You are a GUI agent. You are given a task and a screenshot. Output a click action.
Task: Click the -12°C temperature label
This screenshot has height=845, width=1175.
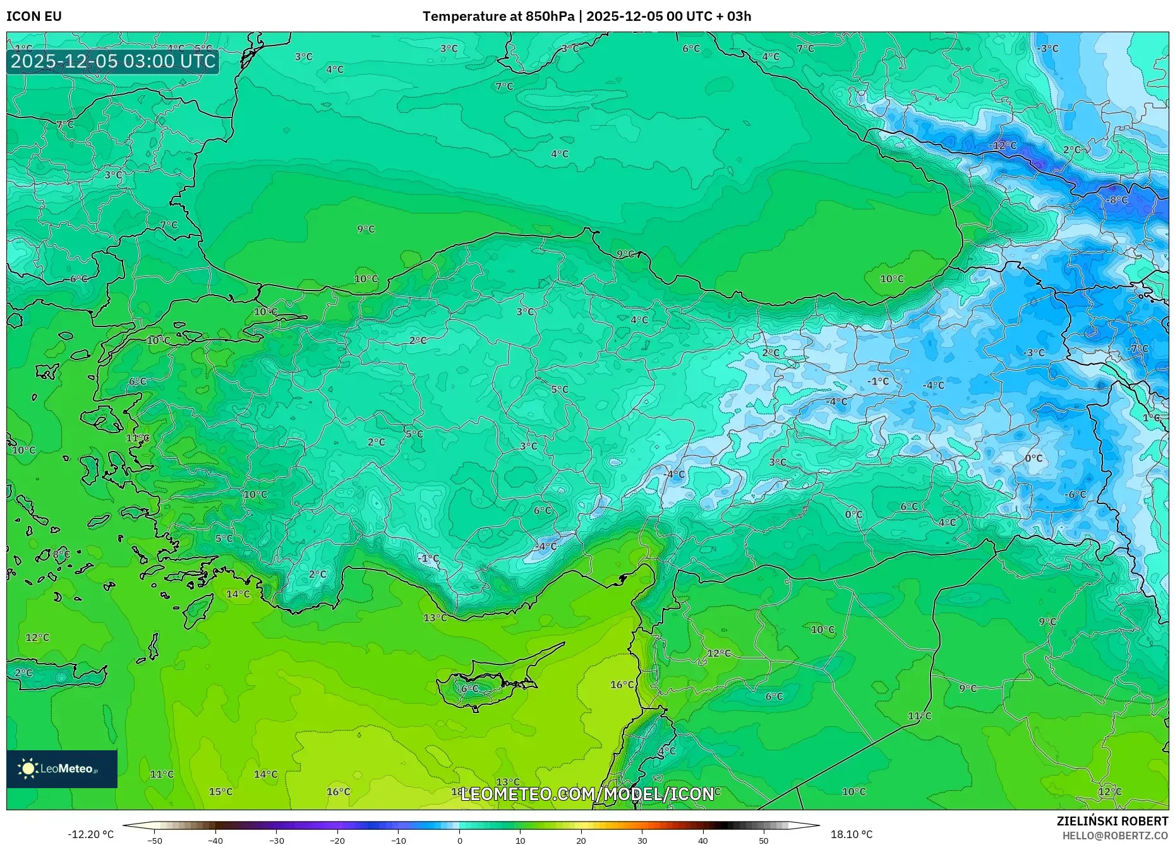(1003, 146)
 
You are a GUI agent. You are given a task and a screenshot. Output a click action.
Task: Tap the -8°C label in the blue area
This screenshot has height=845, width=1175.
(1116, 200)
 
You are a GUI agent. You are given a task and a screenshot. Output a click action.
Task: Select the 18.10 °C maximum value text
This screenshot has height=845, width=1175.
(851, 834)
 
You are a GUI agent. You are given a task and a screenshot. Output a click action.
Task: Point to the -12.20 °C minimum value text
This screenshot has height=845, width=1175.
(90, 834)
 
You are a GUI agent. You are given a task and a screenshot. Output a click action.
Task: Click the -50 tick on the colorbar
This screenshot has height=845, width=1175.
(155, 841)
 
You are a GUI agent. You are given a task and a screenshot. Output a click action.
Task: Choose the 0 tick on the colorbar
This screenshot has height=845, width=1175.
(459, 841)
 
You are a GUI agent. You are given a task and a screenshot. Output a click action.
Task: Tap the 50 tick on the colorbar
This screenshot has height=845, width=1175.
(764, 841)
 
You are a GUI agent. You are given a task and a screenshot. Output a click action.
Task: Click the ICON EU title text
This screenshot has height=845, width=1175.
(34, 16)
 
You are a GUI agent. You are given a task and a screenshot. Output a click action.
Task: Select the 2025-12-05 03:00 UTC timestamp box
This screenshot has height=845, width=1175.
(113, 61)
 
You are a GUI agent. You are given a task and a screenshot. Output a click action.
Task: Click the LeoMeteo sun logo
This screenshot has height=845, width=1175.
(28, 768)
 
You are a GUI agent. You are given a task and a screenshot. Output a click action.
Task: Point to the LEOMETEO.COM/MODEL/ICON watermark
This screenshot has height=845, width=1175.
(587, 794)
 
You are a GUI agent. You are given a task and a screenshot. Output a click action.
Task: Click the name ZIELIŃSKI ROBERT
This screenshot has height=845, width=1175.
(1112, 821)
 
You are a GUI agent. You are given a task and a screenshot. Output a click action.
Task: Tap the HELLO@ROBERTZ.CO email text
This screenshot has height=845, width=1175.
(1114, 836)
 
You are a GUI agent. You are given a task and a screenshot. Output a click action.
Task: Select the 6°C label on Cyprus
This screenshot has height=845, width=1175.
(470, 689)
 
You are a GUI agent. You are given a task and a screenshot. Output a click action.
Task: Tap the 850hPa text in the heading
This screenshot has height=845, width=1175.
(550, 16)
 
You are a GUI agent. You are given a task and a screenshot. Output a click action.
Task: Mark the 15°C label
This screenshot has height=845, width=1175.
(220, 792)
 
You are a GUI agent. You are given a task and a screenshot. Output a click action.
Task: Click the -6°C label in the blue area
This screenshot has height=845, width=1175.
(1075, 494)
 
